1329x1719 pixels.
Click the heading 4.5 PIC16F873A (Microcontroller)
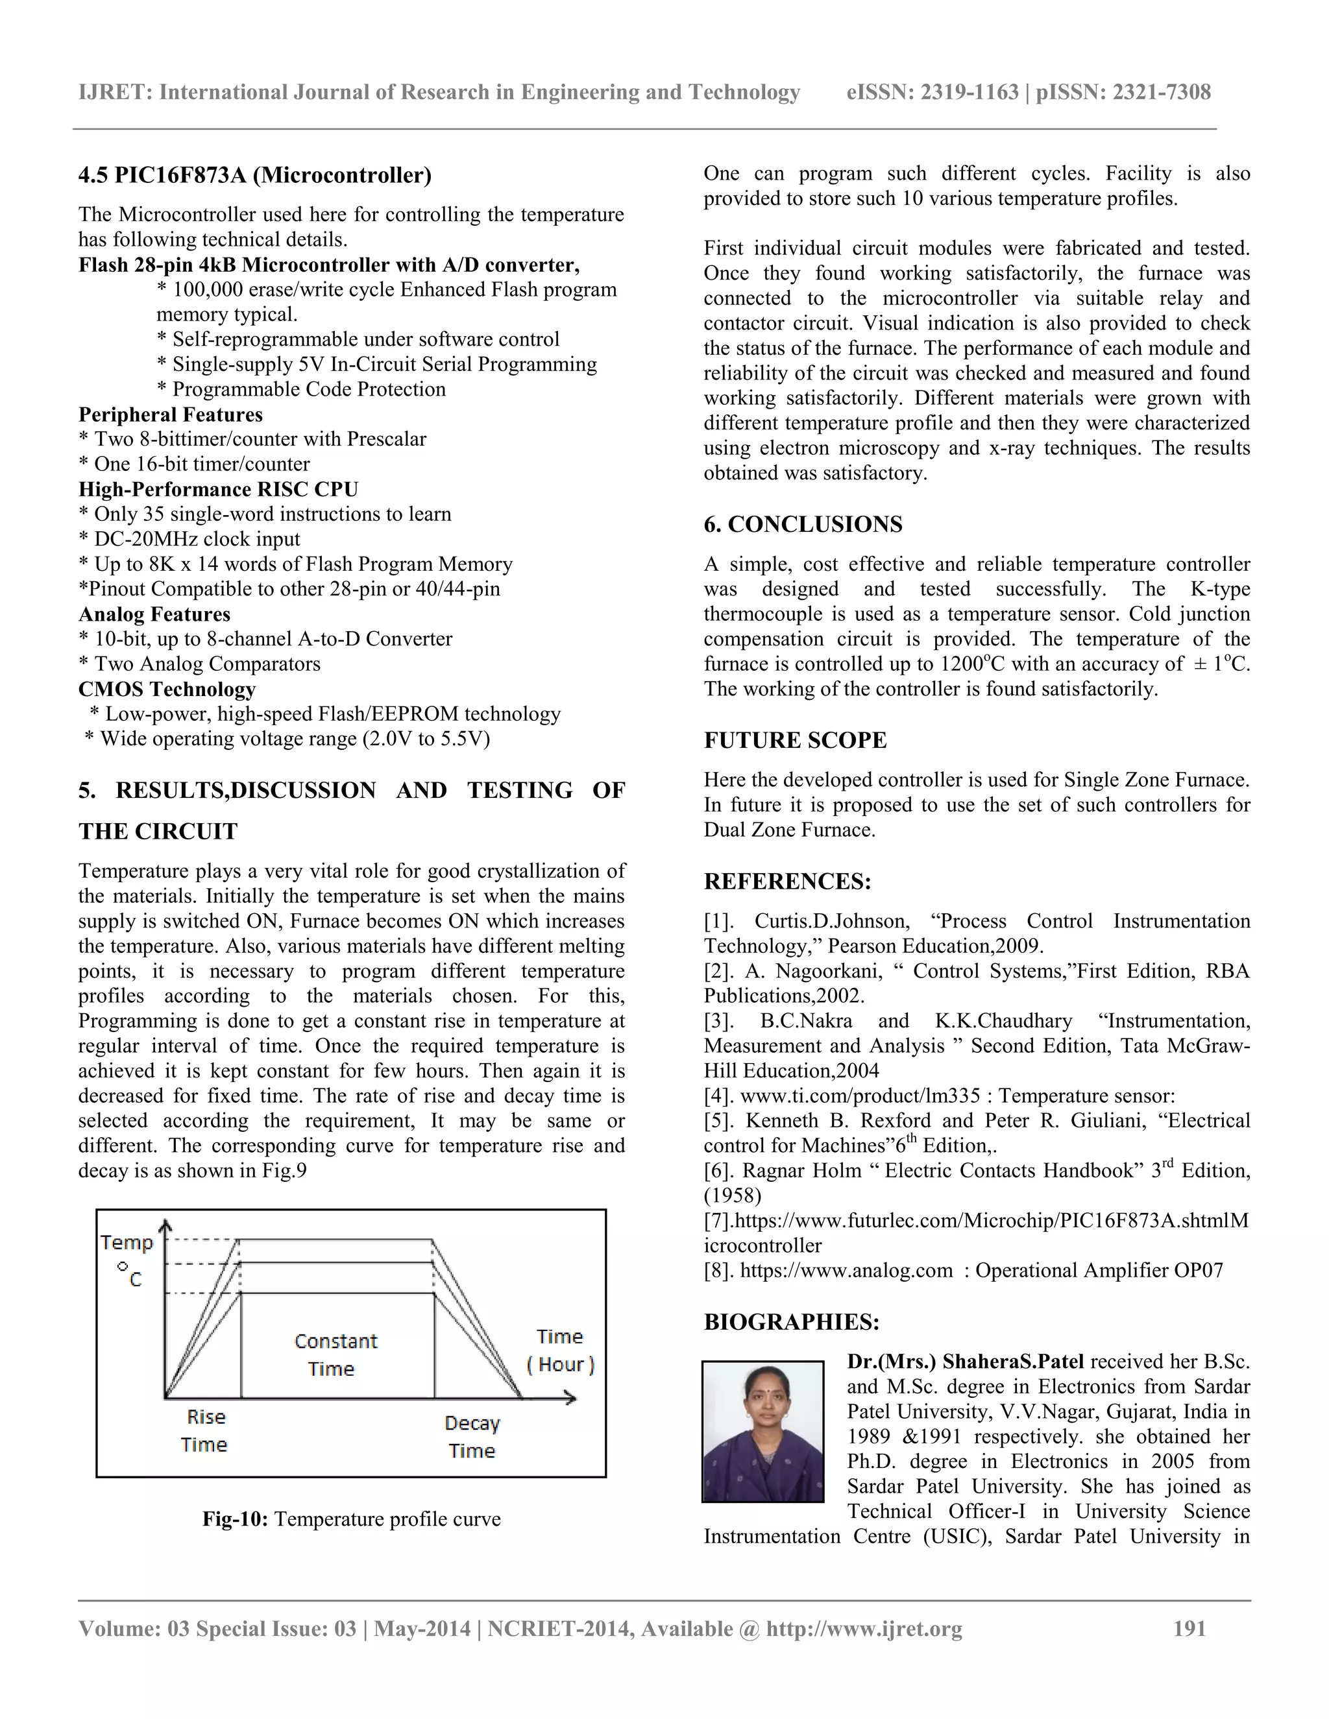click(x=254, y=174)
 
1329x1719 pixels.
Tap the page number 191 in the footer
click(x=1189, y=1628)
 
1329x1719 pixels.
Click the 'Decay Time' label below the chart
click(x=472, y=1436)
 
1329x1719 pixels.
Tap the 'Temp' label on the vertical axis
click(x=126, y=1243)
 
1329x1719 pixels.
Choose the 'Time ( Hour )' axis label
click(x=560, y=1350)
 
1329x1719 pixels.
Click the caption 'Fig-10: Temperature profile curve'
click(x=351, y=1519)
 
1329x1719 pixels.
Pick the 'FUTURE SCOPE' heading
click(x=794, y=741)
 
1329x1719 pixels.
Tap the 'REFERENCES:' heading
click(x=786, y=882)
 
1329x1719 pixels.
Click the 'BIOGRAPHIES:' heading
click(x=790, y=1321)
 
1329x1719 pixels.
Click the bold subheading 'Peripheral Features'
click(x=170, y=415)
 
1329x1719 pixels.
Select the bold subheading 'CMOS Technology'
click(x=167, y=690)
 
